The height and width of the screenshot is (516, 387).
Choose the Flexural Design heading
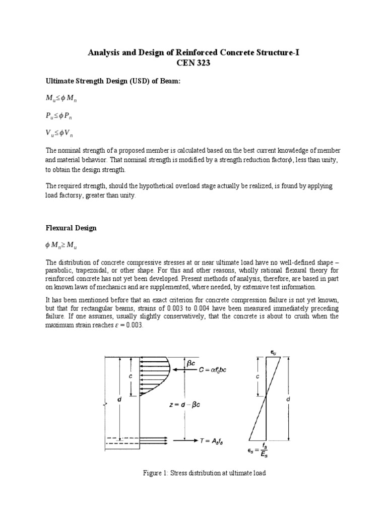pyautogui.click(x=71, y=228)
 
